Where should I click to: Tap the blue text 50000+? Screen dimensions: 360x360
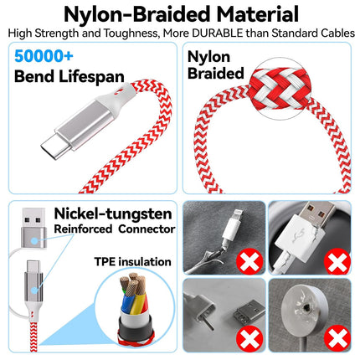(44, 56)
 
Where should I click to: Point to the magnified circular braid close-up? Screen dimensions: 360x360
(280, 89)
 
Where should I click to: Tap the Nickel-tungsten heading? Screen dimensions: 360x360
(113, 214)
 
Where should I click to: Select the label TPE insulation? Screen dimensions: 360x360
(132, 262)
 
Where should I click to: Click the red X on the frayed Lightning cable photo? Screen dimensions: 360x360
(249, 262)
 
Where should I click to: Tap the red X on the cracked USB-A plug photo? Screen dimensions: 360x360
(337, 262)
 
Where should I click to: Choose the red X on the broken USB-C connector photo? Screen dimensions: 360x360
(249, 339)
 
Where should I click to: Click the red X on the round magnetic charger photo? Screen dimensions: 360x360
(337, 339)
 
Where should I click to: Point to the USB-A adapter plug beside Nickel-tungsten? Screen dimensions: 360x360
(34, 229)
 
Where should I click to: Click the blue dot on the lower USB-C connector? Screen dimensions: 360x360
(34, 291)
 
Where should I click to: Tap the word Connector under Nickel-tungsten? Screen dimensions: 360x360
(147, 229)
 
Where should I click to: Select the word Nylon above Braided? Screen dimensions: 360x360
(208, 57)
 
